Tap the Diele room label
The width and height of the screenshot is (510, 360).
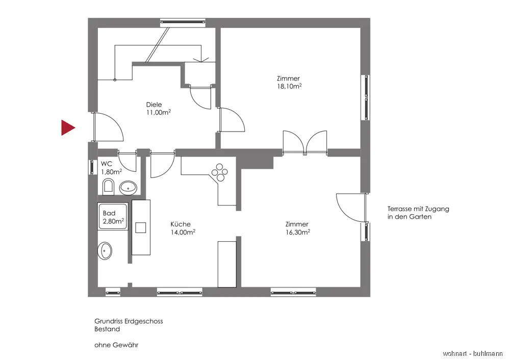pyautogui.click(x=154, y=105)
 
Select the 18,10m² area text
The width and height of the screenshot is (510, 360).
pyautogui.click(x=289, y=87)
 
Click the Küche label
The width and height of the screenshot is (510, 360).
pyautogui.click(x=181, y=224)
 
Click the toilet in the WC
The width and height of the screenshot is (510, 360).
pyautogui.click(x=109, y=187)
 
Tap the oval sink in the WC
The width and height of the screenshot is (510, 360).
pyautogui.click(x=129, y=188)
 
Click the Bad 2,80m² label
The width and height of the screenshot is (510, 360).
pyautogui.click(x=113, y=217)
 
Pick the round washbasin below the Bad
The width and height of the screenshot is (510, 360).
pyautogui.click(x=106, y=250)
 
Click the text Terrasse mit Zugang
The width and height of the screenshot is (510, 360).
pyautogui.click(x=418, y=209)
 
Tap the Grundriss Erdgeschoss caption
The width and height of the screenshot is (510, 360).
pyautogui.click(x=129, y=321)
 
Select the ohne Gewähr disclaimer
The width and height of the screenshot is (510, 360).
pyautogui.click(x=116, y=345)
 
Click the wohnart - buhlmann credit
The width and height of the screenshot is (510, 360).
pyautogui.click(x=473, y=353)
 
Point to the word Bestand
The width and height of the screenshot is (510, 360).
pyautogui.click(x=107, y=329)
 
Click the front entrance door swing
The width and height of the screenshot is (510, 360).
pyautogui.click(x=108, y=127)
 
